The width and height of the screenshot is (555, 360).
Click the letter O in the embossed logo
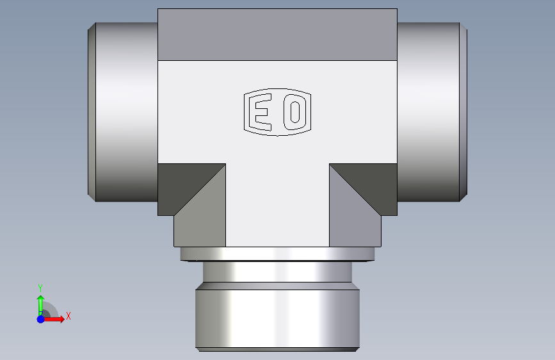(x=295, y=112)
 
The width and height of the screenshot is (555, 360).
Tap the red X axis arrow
(x=53, y=319)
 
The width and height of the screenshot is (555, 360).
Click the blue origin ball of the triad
(x=41, y=319)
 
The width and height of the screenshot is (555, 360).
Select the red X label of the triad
(x=68, y=316)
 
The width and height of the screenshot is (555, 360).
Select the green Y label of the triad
(x=40, y=288)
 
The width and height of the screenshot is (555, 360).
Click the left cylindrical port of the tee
(x=126, y=112)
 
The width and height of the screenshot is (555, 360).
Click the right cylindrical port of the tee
(x=428, y=112)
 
